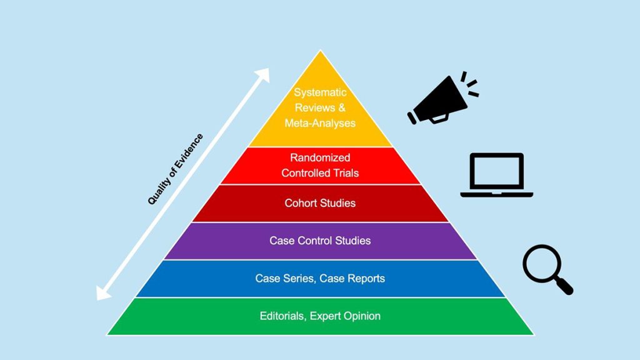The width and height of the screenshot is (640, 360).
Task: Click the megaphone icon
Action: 441,100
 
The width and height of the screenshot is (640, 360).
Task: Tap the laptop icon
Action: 497,175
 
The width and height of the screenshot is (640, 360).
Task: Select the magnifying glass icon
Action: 546,267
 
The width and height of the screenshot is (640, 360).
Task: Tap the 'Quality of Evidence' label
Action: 176,169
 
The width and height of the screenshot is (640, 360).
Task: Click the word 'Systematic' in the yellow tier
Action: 320,92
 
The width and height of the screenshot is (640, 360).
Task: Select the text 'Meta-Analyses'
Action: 320,123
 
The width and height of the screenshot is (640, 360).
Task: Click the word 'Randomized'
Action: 320,157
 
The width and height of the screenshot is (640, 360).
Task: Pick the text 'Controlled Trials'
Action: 320,172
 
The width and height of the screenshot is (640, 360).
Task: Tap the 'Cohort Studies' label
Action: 320,203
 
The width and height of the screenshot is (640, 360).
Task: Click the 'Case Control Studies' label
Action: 320,241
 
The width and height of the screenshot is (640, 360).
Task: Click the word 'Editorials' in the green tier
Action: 282,316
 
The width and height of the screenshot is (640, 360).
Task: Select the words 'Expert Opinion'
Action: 345,316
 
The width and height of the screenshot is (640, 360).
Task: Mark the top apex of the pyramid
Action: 320,52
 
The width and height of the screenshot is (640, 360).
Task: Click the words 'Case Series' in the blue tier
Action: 284,278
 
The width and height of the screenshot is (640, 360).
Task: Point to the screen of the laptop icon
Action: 497,171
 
